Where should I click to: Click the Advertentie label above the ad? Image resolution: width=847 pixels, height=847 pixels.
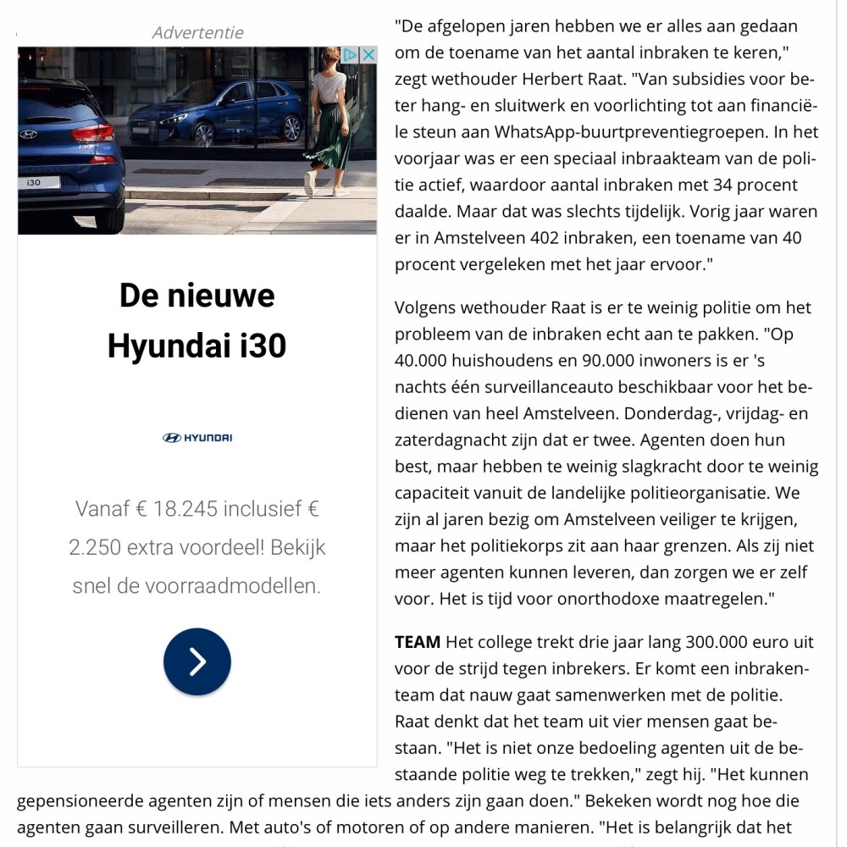click(x=197, y=33)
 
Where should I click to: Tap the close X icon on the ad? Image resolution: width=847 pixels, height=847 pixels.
click(x=368, y=55)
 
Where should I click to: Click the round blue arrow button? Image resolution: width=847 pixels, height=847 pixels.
click(x=197, y=662)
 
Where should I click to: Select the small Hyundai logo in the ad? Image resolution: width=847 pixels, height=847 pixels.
click(x=197, y=438)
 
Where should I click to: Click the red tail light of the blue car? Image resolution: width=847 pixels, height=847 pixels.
click(x=93, y=133)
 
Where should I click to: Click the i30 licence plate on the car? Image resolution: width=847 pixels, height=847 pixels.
click(x=37, y=182)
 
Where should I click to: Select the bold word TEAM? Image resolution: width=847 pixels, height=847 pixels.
click(x=418, y=641)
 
